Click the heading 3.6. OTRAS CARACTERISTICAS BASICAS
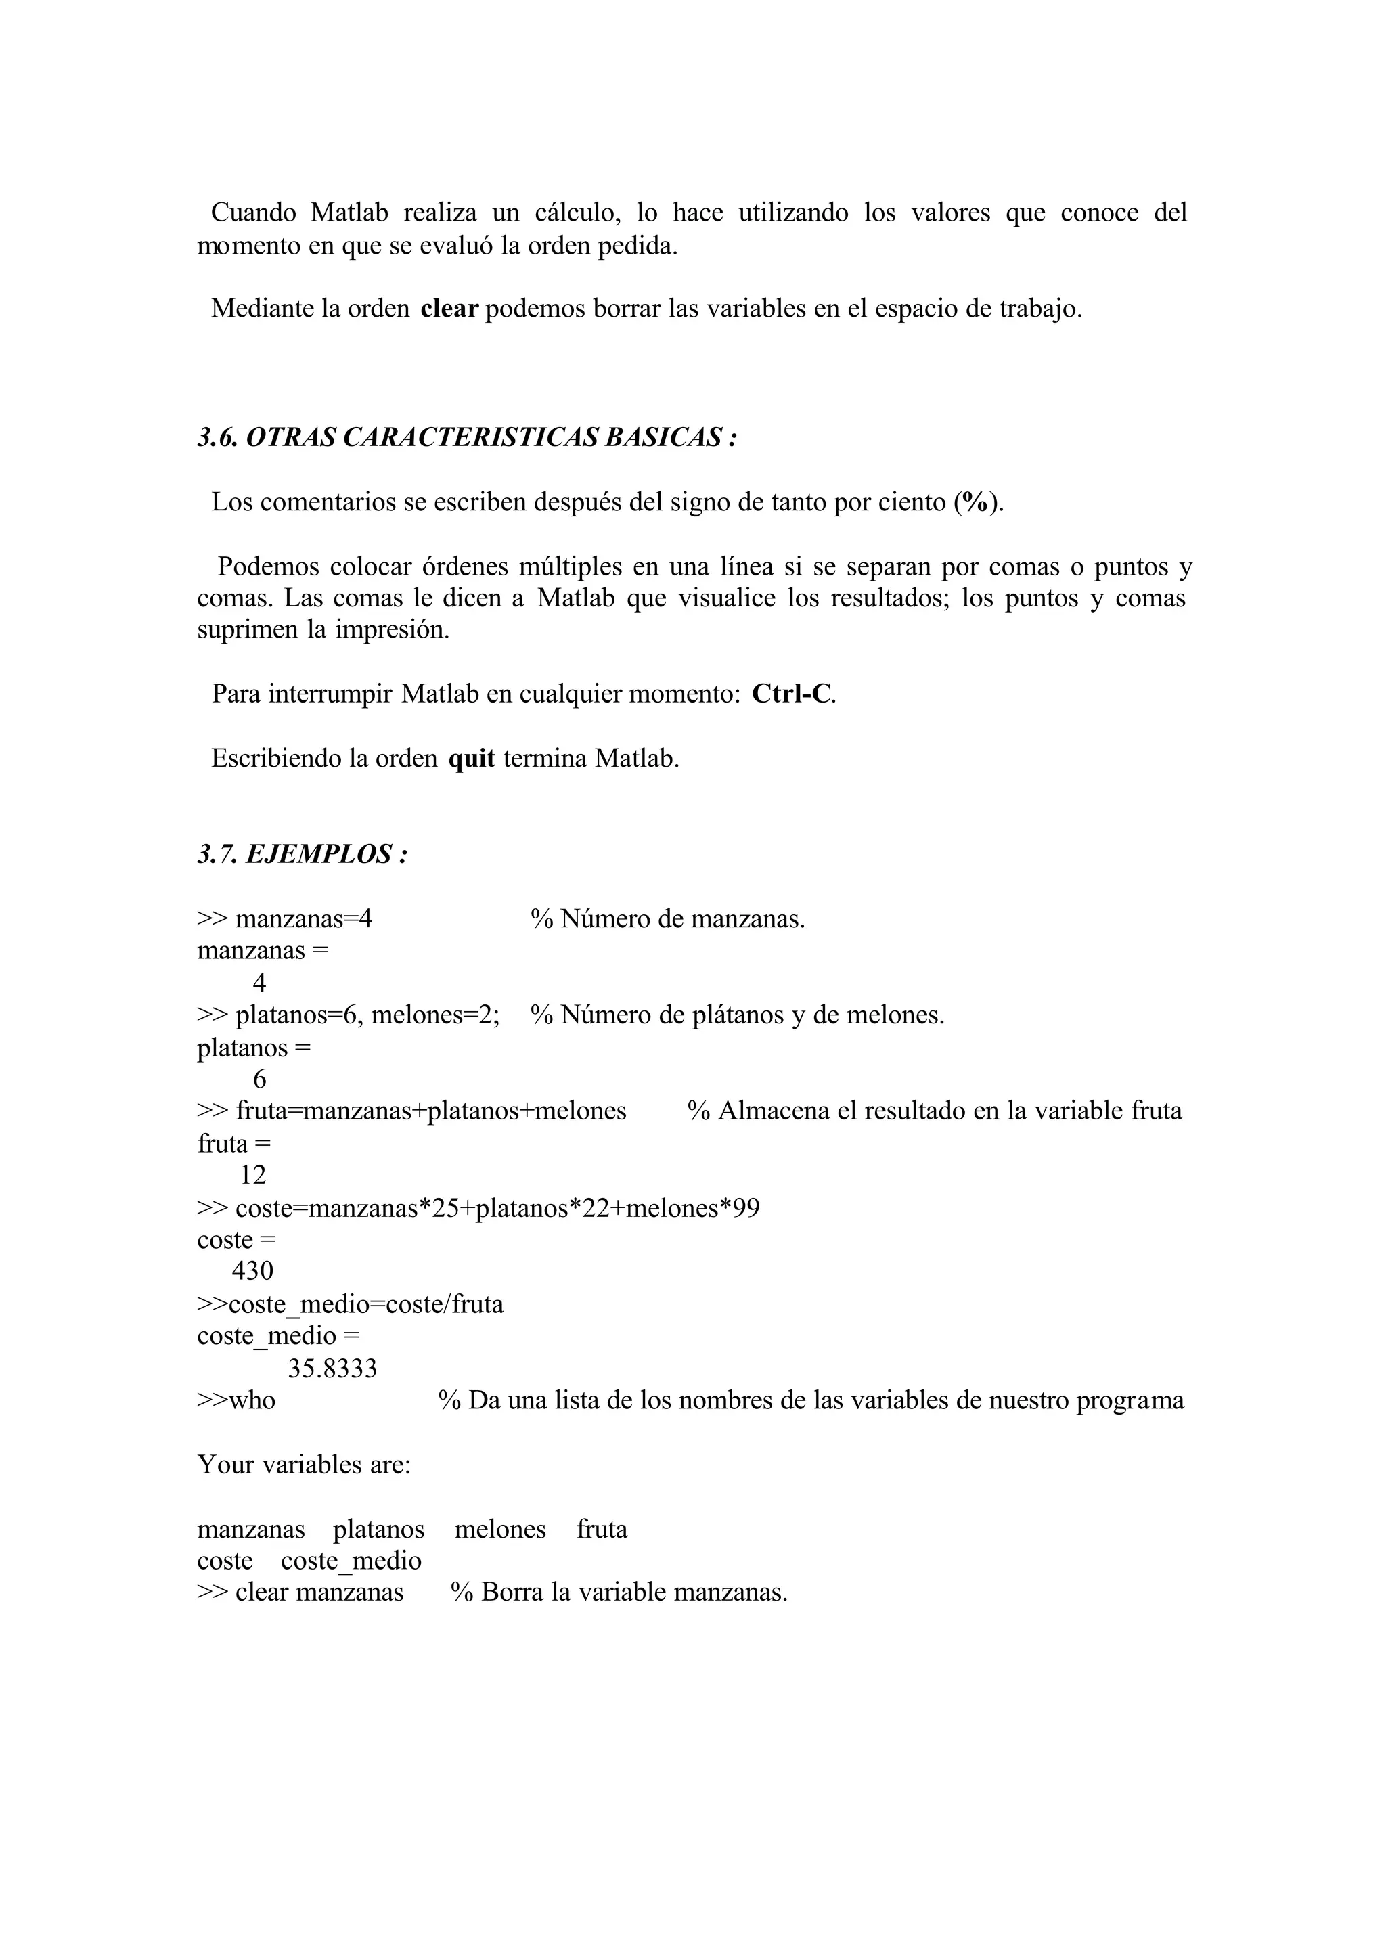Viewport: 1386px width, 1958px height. click(x=467, y=438)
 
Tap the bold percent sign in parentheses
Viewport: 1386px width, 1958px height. click(x=975, y=503)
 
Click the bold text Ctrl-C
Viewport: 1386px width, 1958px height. click(x=791, y=694)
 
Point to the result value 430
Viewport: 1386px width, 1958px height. click(x=252, y=1271)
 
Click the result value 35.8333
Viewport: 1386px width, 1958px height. click(x=332, y=1369)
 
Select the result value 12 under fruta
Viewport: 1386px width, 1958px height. click(x=252, y=1176)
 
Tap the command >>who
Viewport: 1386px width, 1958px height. click(x=236, y=1400)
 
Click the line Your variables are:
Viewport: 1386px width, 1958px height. click(x=304, y=1465)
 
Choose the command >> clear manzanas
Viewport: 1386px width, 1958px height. click(x=300, y=1593)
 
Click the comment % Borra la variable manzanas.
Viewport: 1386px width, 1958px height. click(x=619, y=1593)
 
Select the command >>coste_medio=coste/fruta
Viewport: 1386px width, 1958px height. click(x=350, y=1304)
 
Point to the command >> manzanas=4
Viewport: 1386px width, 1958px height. click(x=284, y=919)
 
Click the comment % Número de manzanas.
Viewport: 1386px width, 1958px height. click(x=667, y=919)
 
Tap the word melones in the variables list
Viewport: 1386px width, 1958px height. click(x=500, y=1529)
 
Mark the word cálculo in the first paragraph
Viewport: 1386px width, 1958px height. click(x=577, y=213)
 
